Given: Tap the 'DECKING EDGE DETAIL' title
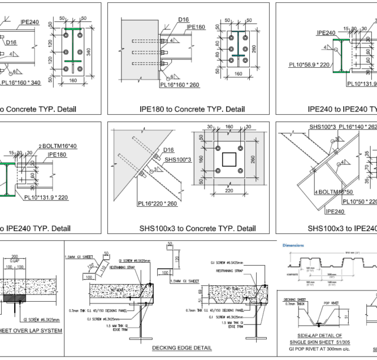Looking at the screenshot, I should click(182, 348).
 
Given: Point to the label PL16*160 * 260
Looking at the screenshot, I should click(181, 85).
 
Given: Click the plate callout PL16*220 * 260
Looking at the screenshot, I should click(157, 203).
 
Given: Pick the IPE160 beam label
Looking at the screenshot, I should click(196, 27).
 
